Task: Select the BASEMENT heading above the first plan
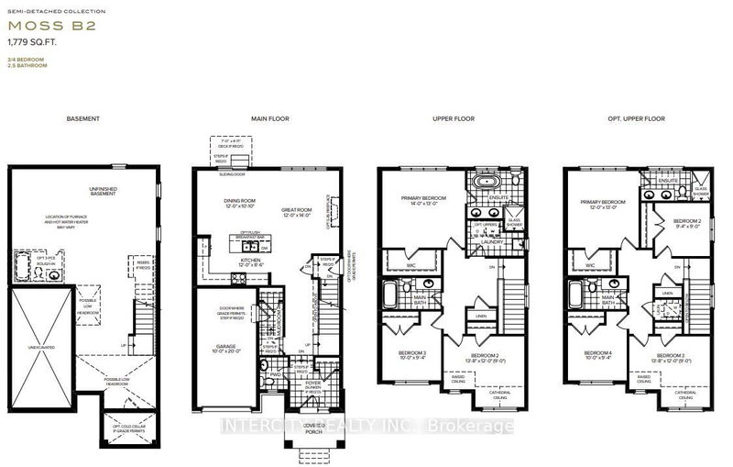pos(82,120)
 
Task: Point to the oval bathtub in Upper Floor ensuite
pos(483,183)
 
